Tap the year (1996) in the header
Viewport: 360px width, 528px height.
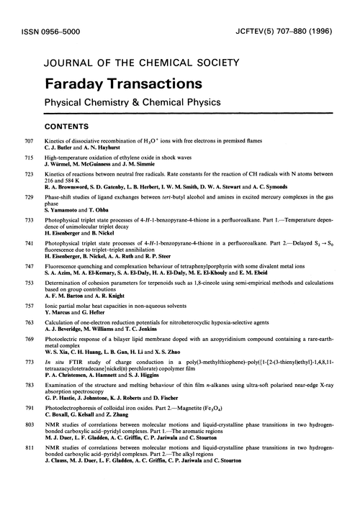coord(333,30)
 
